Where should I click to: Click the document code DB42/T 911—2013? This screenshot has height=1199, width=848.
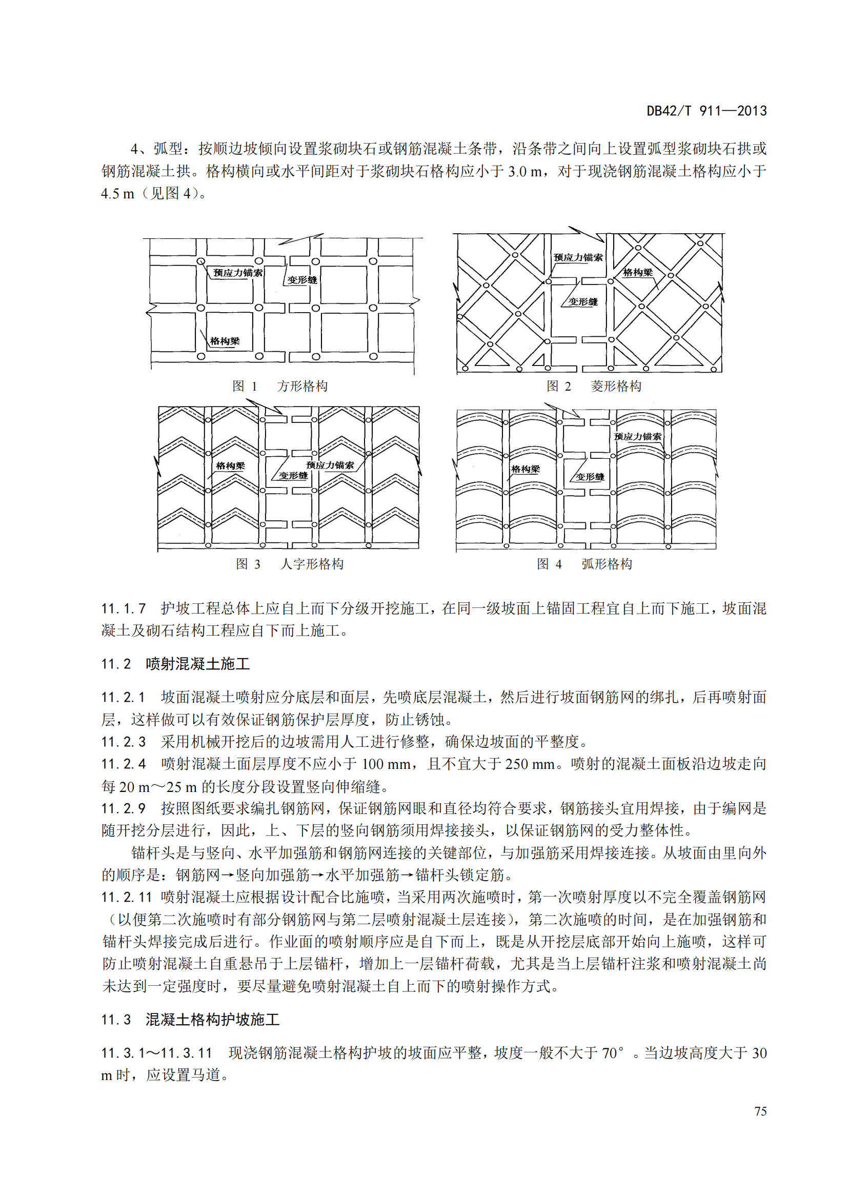706,111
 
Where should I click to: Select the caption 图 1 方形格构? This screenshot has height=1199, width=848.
280,386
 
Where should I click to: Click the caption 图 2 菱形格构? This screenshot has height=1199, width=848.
594,386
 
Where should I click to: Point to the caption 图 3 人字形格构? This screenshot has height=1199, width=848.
289,564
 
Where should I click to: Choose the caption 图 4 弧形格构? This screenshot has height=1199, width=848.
584,564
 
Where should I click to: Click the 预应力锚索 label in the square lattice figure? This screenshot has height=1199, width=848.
237,273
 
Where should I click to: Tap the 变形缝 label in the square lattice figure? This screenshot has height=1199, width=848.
302,280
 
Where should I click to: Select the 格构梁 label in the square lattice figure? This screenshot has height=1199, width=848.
225,341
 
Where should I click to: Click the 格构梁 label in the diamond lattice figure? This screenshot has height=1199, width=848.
638,273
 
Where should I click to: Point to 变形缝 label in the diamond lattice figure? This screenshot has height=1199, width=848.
583,302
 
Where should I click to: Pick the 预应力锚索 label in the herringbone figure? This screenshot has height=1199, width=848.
330,465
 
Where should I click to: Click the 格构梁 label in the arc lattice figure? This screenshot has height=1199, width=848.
526,469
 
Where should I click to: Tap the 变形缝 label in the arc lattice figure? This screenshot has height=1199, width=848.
590,477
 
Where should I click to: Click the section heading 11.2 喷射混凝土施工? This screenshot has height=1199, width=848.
175,664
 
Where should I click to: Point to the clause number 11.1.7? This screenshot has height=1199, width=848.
123,608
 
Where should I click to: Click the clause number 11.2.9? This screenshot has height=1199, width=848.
123,808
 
